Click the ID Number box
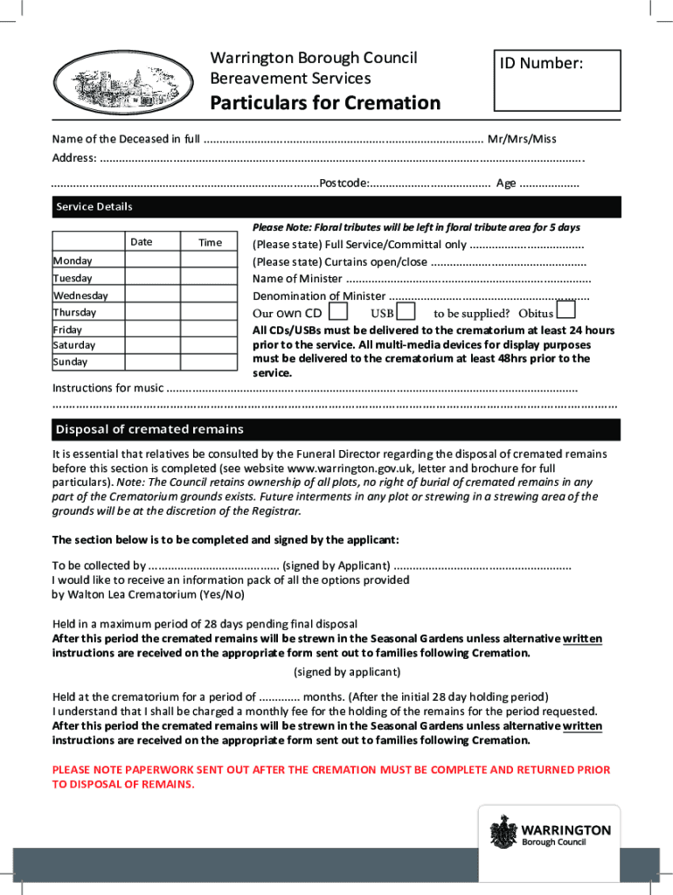click(x=558, y=80)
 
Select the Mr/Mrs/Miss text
click(x=522, y=139)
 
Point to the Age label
click(x=506, y=184)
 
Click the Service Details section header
click(x=94, y=207)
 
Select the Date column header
click(x=142, y=242)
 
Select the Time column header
click(x=210, y=242)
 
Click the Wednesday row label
click(x=80, y=295)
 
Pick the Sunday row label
click(x=70, y=362)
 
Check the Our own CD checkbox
click(x=339, y=311)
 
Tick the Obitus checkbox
click(x=565, y=310)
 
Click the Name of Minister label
click(x=297, y=279)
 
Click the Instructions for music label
click(x=108, y=388)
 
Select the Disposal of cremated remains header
click(x=149, y=429)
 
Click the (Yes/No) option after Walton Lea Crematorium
click(x=222, y=594)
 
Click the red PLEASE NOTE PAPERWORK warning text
click(x=331, y=777)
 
